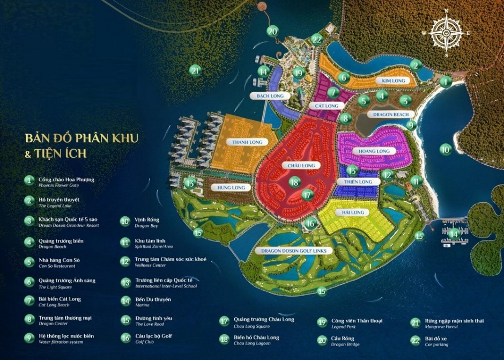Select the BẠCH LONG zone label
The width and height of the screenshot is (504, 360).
[270, 96]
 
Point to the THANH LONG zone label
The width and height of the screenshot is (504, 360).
[247, 142]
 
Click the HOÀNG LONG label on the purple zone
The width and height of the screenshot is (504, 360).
[374, 152]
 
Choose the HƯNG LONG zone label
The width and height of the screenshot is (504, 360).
[231, 188]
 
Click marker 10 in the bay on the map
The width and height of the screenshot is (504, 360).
[445, 149]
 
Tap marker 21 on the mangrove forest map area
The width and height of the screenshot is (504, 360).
[195, 70]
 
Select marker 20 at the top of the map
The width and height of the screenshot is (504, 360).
[273, 31]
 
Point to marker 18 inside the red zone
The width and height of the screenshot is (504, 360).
[294, 182]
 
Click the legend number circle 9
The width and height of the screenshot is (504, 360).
[29, 339]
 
